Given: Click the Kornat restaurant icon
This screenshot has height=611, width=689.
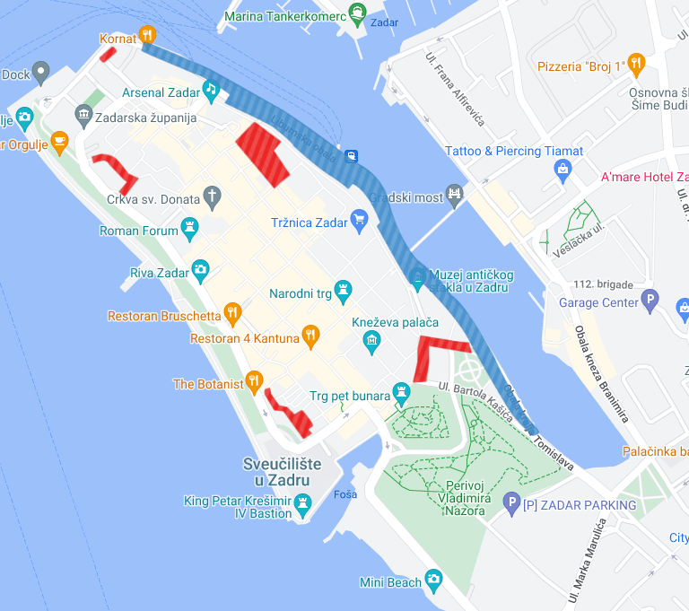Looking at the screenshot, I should tap(148, 36).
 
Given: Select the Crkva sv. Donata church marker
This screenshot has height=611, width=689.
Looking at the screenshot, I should tap(212, 196).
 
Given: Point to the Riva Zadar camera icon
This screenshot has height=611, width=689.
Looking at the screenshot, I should tap(200, 268).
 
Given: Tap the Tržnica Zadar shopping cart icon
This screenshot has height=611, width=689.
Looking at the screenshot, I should tap(359, 218).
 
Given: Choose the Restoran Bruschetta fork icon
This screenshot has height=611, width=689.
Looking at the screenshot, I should tap(232, 313).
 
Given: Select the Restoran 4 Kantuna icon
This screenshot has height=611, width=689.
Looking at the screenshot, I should tap(310, 336).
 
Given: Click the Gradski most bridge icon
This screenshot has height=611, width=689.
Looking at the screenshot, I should tap(456, 192).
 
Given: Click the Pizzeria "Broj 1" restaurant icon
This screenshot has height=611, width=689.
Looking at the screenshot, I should tap(636, 63).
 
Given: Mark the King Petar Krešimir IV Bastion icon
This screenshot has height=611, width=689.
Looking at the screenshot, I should tap(303, 505).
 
